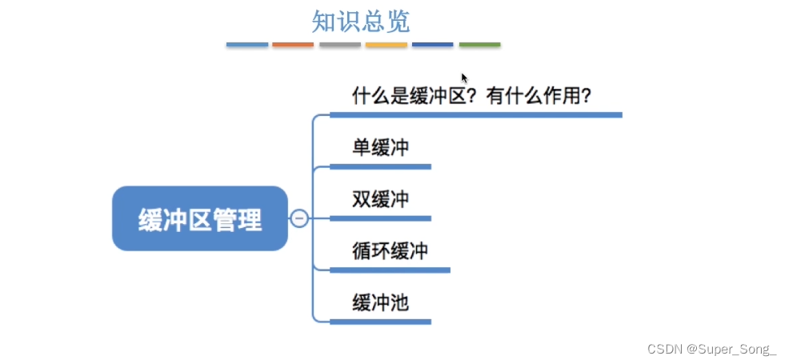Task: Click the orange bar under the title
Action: pos(293,45)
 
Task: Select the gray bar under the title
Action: pos(339,45)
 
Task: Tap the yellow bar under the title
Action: pos(386,45)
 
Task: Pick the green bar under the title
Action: pos(479,45)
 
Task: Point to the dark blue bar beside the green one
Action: pos(432,45)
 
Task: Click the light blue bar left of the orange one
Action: pos(247,45)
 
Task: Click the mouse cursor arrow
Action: pos(464,78)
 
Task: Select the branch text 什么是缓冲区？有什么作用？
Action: pos(471,96)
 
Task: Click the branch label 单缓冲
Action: pos(380,147)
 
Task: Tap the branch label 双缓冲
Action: pos(380,198)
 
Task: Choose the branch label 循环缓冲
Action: pos(390,250)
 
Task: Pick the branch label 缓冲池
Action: pos(380,302)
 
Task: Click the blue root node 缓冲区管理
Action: pos(199,218)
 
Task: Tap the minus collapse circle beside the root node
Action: pos(299,218)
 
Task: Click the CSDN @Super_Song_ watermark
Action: pos(711,350)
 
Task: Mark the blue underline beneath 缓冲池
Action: pos(380,322)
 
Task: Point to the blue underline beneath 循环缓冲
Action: pos(390,270)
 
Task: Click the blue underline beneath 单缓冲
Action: pos(380,166)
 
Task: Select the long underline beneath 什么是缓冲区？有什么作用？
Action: pos(476,115)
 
